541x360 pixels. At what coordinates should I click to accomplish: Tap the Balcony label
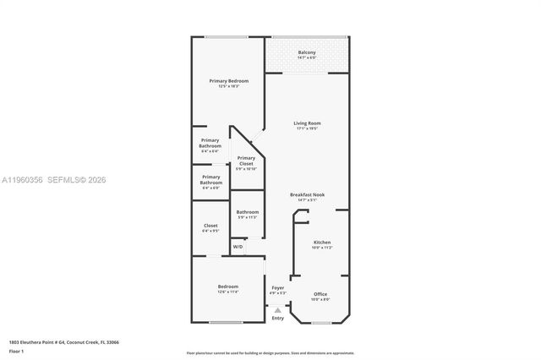307,53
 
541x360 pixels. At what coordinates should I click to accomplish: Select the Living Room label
307,123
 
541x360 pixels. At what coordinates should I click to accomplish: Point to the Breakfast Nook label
307,194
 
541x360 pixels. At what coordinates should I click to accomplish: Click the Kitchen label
322,243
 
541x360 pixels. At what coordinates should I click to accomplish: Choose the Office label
320,294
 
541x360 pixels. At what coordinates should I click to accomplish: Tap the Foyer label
277,289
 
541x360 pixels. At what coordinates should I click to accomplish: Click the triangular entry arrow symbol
277,309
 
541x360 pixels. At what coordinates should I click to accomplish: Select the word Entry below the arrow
277,318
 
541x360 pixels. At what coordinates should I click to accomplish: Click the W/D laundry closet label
238,247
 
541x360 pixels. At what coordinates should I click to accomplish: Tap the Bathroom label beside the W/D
247,212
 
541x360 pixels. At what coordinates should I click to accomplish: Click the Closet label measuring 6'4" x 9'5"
210,226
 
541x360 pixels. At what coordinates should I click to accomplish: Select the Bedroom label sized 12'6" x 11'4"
227,286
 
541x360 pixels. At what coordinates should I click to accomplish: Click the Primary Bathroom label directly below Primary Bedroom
210,143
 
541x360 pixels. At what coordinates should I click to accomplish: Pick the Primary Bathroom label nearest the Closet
210,180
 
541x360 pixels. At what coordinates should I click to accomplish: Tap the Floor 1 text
15,350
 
